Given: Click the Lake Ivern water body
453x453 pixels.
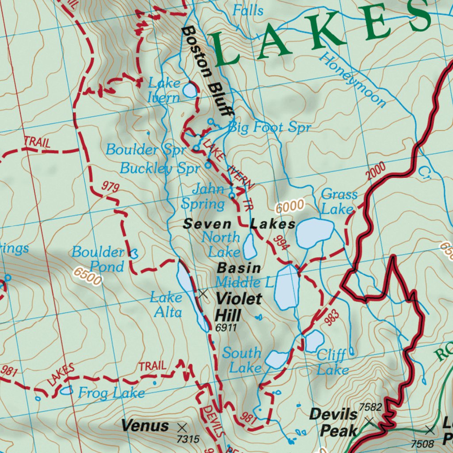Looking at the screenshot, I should (x=190, y=90).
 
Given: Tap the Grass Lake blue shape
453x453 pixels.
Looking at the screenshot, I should (x=315, y=232).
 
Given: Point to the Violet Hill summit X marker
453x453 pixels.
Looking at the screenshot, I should (x=203, y=293).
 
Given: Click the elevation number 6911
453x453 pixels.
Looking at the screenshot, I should (x=226, y=328).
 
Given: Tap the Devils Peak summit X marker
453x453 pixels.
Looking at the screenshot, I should (x=370, y=421).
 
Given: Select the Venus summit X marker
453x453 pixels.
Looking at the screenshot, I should (x=181, y=427).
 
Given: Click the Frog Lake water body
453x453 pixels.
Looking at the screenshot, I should (x=66, y=390).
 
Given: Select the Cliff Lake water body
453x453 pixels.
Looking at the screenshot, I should (x=315, y=340).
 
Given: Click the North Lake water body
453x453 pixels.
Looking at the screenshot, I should (x=250, y=246).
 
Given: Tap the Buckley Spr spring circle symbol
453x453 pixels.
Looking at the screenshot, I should (x=208, y=166).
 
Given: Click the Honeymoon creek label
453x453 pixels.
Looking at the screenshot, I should (x=353, y=80).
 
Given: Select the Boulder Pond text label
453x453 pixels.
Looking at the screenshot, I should (x=98, y=259).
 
